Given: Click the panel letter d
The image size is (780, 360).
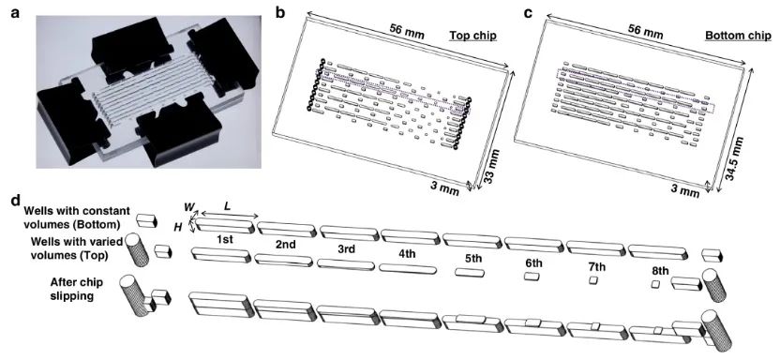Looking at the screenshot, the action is tap(15, 202).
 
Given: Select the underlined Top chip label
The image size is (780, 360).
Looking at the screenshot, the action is tap(473, 36).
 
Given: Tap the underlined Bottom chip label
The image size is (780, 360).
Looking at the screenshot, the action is tap(738, 36).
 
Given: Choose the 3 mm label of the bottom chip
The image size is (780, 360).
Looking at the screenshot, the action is tap(682, 190).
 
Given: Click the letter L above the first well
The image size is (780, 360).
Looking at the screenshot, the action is tap(227, 206).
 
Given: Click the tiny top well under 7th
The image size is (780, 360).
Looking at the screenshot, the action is tap(593, 280).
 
